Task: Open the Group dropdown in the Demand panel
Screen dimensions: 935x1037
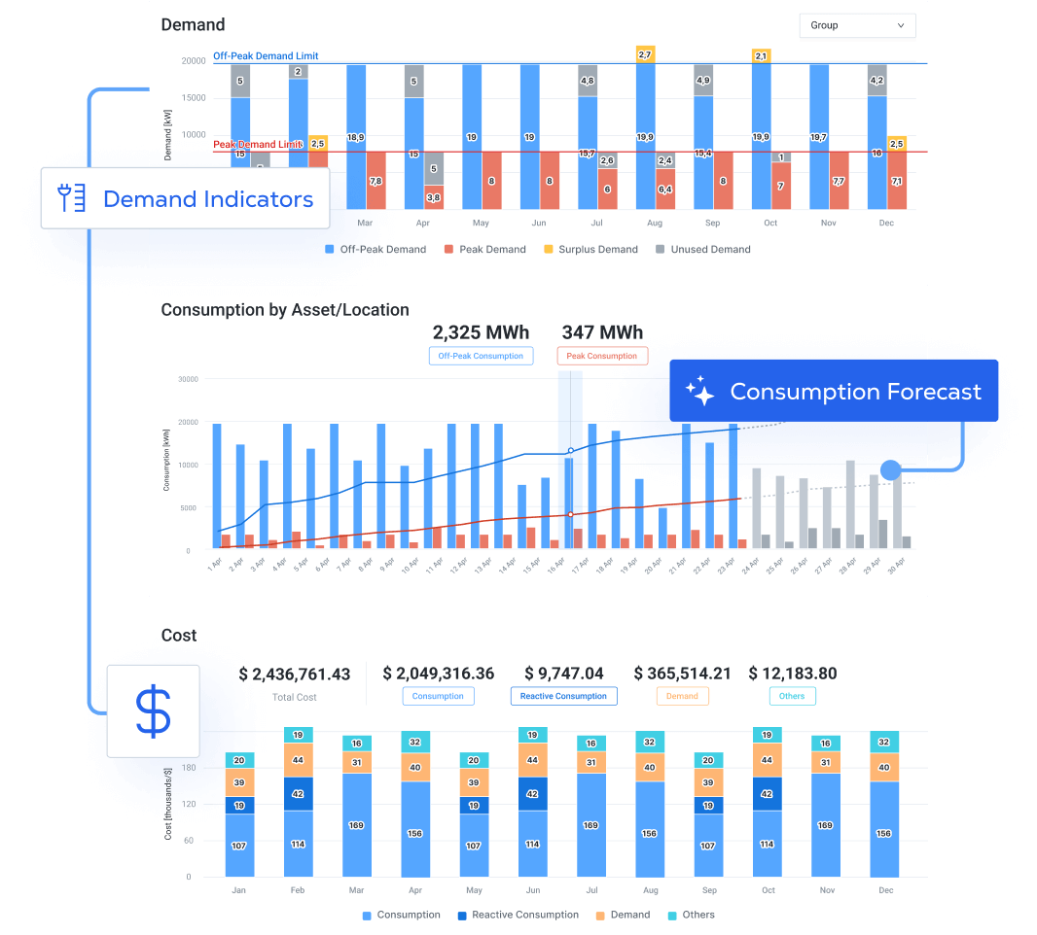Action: click(857, 25)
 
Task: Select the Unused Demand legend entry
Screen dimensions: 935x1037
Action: click(702, 250)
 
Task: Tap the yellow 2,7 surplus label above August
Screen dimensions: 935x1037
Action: click(645, 55)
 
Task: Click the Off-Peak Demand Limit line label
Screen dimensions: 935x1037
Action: click(266, 56)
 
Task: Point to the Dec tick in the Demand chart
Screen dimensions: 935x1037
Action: click(886, 224)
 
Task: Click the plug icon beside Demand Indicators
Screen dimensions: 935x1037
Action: click(72, 199)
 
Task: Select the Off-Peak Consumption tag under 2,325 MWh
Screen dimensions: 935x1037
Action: click(481, 356)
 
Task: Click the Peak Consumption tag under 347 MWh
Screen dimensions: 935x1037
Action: click(602, 356)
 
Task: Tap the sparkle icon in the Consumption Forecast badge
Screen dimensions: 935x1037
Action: click(699, 392)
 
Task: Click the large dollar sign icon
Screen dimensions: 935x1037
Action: click(153, 711)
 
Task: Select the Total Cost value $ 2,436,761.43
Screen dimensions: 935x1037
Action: click(295, 674)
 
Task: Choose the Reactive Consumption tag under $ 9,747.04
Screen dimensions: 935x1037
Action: click(563, 696)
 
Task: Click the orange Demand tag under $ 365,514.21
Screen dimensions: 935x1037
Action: click(682, 696)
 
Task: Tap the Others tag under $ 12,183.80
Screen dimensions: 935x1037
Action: click(792, 696)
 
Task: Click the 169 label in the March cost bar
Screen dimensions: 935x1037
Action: click(357, 825)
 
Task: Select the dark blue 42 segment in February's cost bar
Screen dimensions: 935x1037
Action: click(299, 793)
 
